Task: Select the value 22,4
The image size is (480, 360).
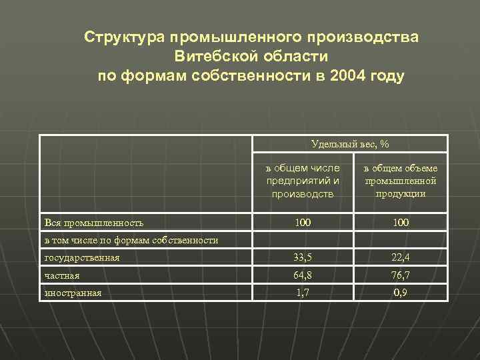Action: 400,257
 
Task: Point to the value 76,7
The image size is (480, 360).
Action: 400,274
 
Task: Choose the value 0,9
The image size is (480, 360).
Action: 400,291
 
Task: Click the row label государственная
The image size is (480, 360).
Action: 81,257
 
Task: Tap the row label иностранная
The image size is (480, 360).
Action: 73,292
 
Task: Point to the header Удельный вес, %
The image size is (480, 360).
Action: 350,144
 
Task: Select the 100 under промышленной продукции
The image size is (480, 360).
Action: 400,221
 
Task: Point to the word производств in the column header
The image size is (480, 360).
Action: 303,193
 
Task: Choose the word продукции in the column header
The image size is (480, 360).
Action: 400,193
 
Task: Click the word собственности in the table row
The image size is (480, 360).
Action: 188,240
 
